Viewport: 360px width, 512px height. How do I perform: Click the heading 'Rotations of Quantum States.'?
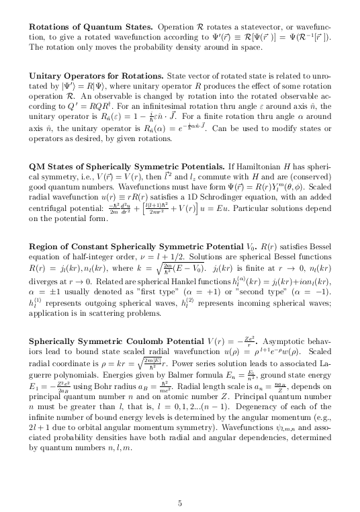click(x=91, y=26)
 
